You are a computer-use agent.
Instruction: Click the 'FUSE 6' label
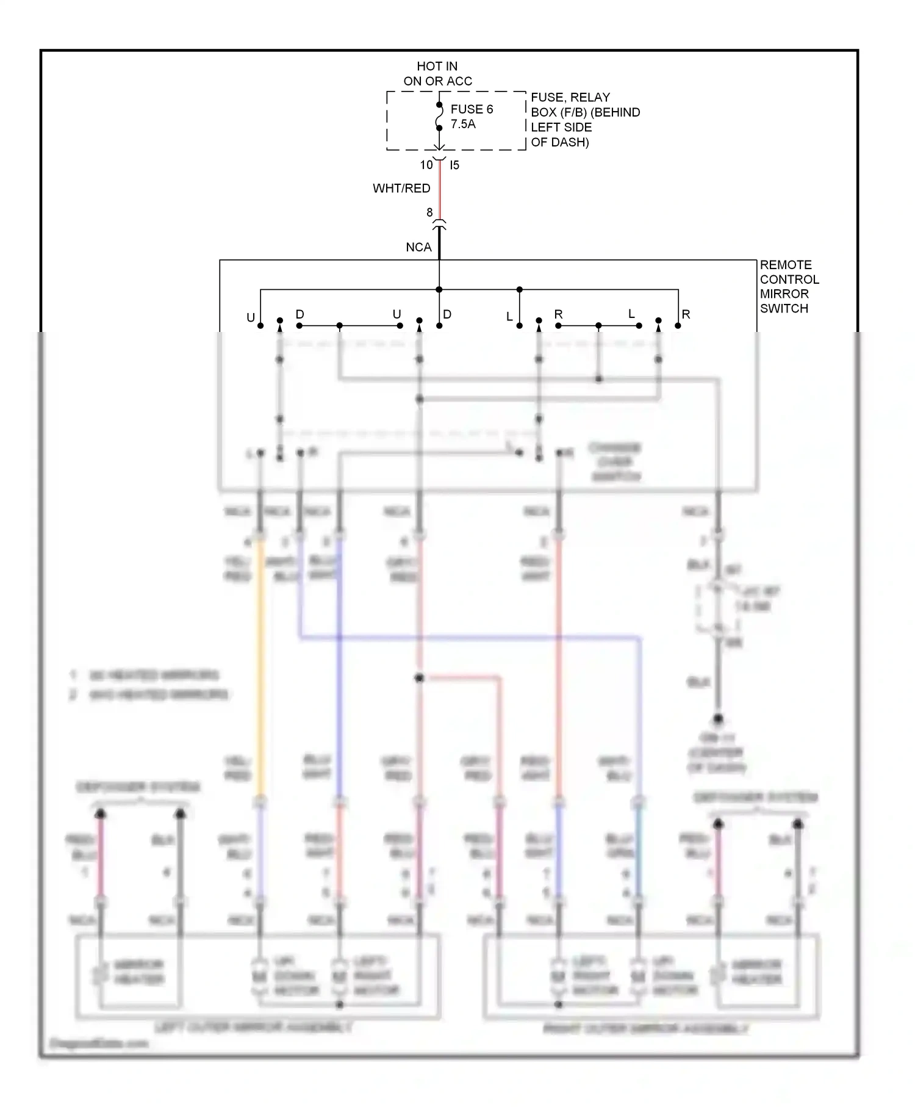471,109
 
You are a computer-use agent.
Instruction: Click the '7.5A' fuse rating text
463,124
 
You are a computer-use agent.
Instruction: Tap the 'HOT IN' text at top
437,66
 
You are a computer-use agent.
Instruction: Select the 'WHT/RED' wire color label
401,189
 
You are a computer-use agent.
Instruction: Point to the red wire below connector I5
440,189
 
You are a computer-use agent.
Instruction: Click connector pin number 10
426,165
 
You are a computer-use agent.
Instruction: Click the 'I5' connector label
454,165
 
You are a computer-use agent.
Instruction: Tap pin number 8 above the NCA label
429,212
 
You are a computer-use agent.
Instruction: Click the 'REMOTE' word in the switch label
786,265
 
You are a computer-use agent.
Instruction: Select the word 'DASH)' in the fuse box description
569,142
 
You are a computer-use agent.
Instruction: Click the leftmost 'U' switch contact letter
250,317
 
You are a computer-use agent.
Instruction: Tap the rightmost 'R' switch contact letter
686,314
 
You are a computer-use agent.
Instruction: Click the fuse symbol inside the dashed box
439,117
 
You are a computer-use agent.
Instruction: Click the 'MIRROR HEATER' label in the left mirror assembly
139,972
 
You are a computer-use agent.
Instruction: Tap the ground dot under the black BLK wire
718,719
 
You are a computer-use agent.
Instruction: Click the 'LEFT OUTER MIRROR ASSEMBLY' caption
253,1028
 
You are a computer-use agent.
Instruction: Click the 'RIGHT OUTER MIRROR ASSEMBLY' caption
645,1029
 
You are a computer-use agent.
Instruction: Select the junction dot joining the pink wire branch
419,678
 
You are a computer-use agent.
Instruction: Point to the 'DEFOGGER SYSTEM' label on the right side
755,798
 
